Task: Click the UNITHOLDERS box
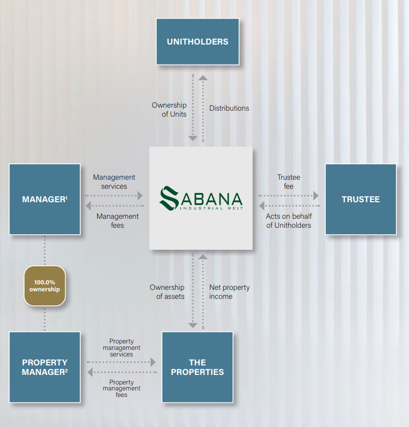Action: coord(197,42)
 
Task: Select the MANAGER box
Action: coord(45,199)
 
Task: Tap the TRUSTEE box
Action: coord(360,199)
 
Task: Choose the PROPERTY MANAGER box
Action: coord(45,367)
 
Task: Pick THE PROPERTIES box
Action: coord(197,367)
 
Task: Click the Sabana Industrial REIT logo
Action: coord(200,198)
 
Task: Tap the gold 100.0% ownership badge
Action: coord(45,286)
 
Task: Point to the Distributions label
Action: coord(229,108)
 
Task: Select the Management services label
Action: coord(114,182)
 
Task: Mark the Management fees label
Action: coord(117,221)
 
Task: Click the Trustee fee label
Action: coord(288,182)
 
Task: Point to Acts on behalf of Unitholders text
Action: coord(289,221)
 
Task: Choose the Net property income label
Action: coord(229,292)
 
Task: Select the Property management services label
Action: coord(121,347)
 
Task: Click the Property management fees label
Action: coord(121,388)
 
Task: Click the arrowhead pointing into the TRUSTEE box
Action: coord(316,196)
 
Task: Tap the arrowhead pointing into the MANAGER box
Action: coord(89,206)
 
